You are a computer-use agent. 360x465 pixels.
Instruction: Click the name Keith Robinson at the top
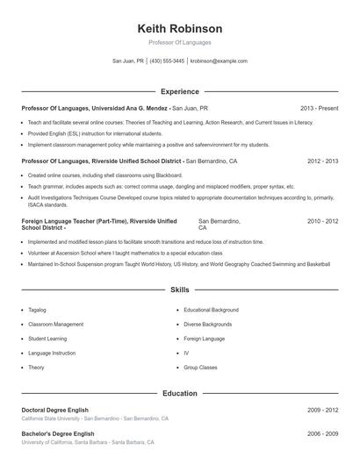tap(180, 28)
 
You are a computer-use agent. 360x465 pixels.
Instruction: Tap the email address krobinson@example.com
tap(219, 61)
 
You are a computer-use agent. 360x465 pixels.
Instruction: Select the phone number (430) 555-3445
tap(167, 61)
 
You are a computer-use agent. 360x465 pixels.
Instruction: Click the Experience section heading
tap(180, 91)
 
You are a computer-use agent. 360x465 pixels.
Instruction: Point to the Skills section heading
tap(180, 289)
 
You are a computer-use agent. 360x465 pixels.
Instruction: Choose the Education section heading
tap(180, 394)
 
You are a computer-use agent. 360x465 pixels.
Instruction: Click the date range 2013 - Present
tap(319, 108)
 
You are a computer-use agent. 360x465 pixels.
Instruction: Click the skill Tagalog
tap(37, 310)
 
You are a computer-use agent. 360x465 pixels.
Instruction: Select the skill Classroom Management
tap(55, 324)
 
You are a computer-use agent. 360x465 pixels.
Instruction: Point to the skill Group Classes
tap(201, 368)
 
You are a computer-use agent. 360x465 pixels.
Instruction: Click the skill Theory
tap(36, 368)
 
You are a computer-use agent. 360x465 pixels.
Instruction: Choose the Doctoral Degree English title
tap(57, 410)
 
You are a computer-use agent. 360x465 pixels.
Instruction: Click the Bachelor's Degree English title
tap(57, 433)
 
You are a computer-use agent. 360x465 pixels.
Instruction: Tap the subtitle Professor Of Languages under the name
tap(180, 42)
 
